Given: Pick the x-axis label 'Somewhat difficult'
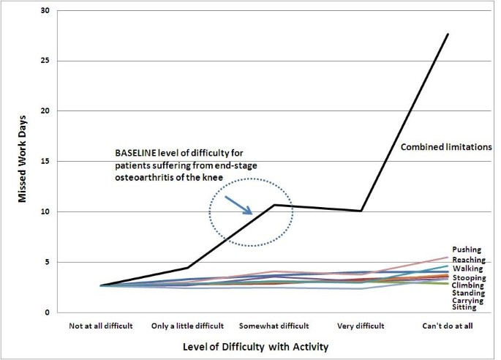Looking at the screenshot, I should point(274,324).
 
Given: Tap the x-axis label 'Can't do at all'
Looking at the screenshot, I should point(447,324).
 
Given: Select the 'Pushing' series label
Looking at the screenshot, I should point(467,250).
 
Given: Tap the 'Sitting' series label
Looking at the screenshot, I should point(464,307).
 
